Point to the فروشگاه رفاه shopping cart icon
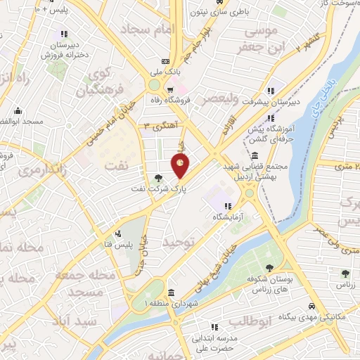pyautogui.click(x=170, y=89)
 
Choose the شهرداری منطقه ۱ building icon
pyautogui.click(x=172, y=292)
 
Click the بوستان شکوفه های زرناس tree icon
pyautogui.click(x=270, y=266)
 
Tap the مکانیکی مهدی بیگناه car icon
pyautogui.click(x=311, y=307)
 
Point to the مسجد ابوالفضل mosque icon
pyautogui.click(x=16, y=111)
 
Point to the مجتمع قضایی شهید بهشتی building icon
pyautogui.click(x=253, y=155)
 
